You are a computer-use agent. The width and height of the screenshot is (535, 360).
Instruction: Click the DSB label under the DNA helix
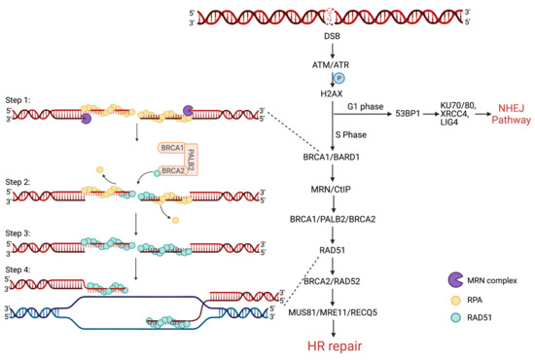[x=333, y=35]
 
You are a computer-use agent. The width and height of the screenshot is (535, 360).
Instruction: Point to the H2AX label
[x=333, y=92]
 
